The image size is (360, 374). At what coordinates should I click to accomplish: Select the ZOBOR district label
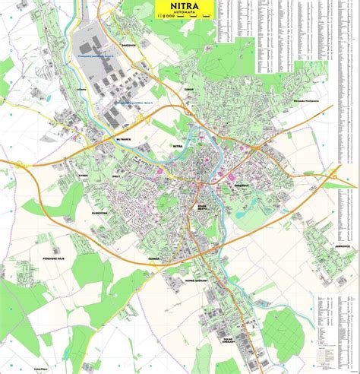[189, 89]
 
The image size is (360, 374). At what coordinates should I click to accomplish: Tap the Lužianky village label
[82, 90]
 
